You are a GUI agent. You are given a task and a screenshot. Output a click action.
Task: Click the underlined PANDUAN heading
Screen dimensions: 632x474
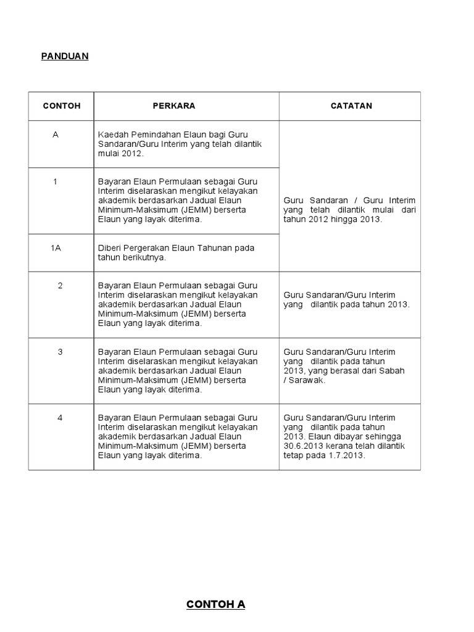pyautogui.click(x=65, y=56)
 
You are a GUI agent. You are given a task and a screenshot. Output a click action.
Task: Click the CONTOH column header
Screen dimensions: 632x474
pyautogui.click(x=62, y=106)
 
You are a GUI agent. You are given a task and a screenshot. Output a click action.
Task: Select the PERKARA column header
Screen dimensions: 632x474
pyautogui.click(x=174, y=106)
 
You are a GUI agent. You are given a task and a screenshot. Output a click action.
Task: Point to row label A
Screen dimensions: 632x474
pyautogui.click(x=56, y=134)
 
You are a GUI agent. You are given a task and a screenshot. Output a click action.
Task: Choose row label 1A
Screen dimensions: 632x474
pyautogui.click(x=56, y=247)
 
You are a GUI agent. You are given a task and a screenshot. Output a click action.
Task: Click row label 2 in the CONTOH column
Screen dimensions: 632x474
pyautogui.click(x=60, y=286)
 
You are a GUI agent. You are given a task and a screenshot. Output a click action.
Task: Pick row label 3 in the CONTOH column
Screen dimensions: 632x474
pyautogui.click(x=60, y=352)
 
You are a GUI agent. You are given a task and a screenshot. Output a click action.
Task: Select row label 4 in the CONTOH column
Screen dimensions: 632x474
pyautogui.click(x=60, y=418)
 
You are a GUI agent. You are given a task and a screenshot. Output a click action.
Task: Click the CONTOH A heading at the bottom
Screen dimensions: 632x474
pyautogui.click(x=215, y=605)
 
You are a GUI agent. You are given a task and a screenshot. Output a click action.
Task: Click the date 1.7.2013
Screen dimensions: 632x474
pyautogui.click(x=348, y=456)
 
